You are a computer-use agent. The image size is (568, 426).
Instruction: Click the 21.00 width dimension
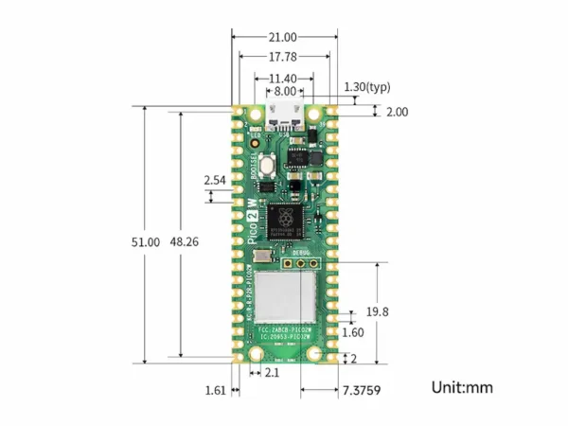pos(283,37)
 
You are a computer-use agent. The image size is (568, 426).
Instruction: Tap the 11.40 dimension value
pos(283,78)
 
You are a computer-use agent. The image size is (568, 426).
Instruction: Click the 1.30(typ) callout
pos(367,86)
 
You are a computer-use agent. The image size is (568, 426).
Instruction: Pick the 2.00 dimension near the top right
pos(397,112)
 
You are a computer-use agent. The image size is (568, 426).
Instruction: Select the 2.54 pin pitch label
pos(215,179)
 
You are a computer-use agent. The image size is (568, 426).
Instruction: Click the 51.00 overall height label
pos(146,242)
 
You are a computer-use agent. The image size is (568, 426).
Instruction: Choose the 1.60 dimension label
pos(352,332)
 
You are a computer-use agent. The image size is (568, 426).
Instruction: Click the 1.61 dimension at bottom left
pos(215,389)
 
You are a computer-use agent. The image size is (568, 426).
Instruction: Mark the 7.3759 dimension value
pos(362,389)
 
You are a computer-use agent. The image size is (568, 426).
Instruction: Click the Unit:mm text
pos(462,387)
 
